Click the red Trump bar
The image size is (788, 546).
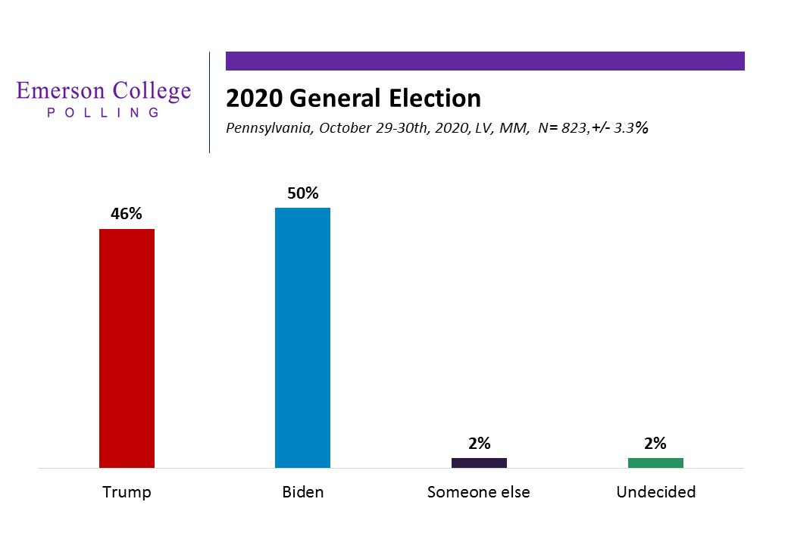coord(127,348)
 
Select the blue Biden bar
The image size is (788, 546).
coord(302,337)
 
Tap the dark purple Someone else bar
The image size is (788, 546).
coord(479,463)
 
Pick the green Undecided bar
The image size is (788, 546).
coord(655,463)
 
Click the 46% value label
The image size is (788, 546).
coord(127,214)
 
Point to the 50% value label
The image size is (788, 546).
coord(302,193)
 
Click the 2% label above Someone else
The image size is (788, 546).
coord(479,444)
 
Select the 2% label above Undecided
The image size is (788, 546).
coord(655,444)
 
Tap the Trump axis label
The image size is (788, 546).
coord(127,492)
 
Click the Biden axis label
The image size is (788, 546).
coord(302,492)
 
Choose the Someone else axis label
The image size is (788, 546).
coord(479,492)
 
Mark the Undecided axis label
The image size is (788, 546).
coord(655,492)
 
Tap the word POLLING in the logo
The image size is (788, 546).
coord(104,112)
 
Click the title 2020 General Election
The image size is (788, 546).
coord(353,99)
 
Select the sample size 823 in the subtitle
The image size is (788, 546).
coord(575,128)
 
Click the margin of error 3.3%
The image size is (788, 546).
coord(633,128)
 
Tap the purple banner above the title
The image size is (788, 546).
coord(485,61)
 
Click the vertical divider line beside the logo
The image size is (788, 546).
coord(209,102)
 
